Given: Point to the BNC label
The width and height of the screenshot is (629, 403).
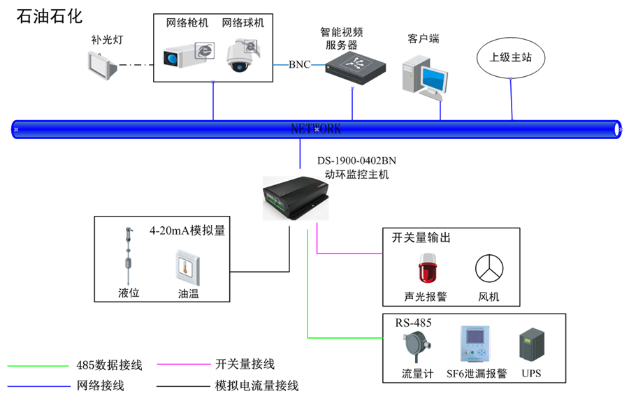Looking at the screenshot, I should coord(299,65).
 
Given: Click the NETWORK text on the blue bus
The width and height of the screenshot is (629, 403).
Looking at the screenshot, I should coord(316,129).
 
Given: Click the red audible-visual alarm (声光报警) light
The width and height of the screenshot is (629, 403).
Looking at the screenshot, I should coord(425,269).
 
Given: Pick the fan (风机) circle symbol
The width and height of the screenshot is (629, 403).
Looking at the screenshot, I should coord(490,268).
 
